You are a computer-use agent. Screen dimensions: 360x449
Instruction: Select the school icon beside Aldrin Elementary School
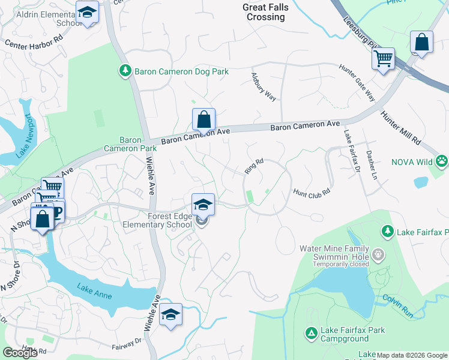(x=88, y=12)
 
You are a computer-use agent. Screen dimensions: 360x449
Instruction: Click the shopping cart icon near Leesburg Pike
(x=382, y=59)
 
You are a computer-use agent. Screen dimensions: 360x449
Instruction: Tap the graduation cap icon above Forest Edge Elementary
(x=203, y=204)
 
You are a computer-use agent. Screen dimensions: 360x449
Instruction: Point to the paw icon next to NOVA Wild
(x=442, y=161)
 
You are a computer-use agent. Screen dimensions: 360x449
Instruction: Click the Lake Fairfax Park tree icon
(x=388, y=230)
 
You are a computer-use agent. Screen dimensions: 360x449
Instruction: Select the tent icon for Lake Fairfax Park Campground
(x=311, y=332)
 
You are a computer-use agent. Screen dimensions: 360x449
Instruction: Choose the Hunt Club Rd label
(x=312, y=193)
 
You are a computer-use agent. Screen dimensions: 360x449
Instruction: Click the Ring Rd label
(x=254, y=166)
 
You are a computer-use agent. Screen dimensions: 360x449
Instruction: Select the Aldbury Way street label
(x=263, y=87)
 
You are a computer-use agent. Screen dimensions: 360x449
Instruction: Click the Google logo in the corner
(x=20, y=353)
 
